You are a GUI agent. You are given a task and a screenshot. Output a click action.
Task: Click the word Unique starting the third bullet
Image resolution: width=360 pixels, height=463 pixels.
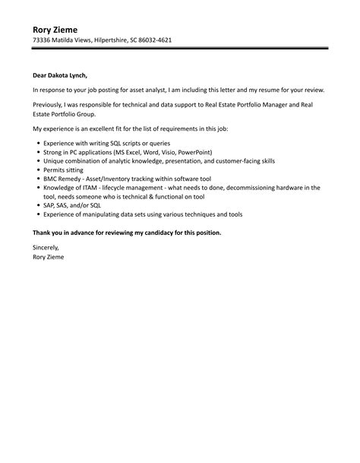click(x=55, y=162)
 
